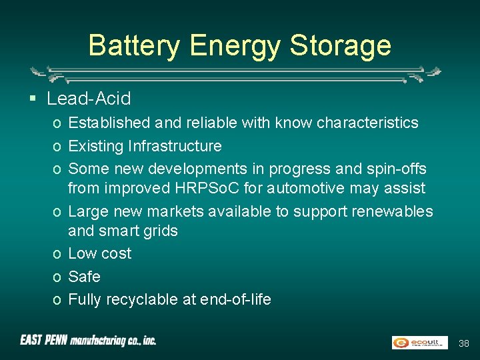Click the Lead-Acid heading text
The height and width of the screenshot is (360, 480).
(x=89, y=99)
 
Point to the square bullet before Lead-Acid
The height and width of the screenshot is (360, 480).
(x=32, y=99)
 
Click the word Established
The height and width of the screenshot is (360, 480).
(x=109, y=123)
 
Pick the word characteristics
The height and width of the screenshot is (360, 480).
(x=367, y=123)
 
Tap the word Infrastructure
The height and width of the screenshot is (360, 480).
(x=175, y=145)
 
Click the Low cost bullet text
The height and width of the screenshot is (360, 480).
(x=100, y=253)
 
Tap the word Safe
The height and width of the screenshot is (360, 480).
(x=84, y=276)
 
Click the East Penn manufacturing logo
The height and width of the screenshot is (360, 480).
(x=88, y=341)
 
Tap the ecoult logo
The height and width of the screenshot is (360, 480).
(x=419, y=343)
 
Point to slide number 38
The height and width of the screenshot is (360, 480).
(x=464, y=343)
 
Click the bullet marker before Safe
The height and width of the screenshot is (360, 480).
(x=59, y=277)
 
